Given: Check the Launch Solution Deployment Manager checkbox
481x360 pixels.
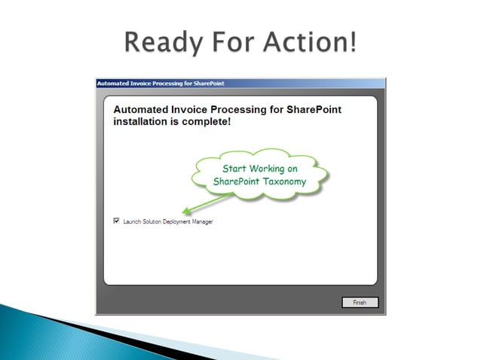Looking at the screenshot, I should click(x=116, y=221).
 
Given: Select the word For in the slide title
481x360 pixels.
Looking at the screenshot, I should click(x=229, y=41).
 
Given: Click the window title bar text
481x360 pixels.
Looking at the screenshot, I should click(x=160, y=83).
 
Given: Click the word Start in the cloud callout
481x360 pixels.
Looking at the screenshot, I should click(x=234, y=169).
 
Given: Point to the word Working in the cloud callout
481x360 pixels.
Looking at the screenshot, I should click(x=269, y=169).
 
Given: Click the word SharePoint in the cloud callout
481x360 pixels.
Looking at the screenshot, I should click(x=236, y=182).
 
